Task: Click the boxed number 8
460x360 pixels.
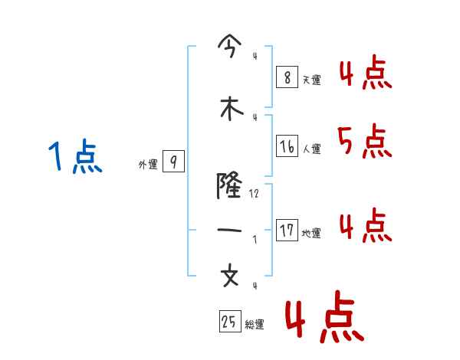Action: pyautogui.click(x=286, y=77)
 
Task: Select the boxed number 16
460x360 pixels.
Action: pyautogui.click(x=287, y=146)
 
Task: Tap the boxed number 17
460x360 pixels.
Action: pyautogui.click(x=287, y=231)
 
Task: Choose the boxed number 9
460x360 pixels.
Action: pyautogui.click(x=173, y=162)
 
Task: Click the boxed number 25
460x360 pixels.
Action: pyautogui.click(x=229, y=322)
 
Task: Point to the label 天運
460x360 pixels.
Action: pyautogui.click(x=311, y=80)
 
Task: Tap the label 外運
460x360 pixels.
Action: pyautogui.click(x=147, y=165)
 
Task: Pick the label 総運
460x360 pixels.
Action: pyautogui.click(x=255, y=325)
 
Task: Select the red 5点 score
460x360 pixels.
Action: pyautogui.click(x=363, y=141)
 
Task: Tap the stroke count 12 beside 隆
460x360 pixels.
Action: pyautogui.click(x=255, y=195)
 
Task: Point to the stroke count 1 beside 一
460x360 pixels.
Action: pyautogui.click(x=255, y=240)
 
